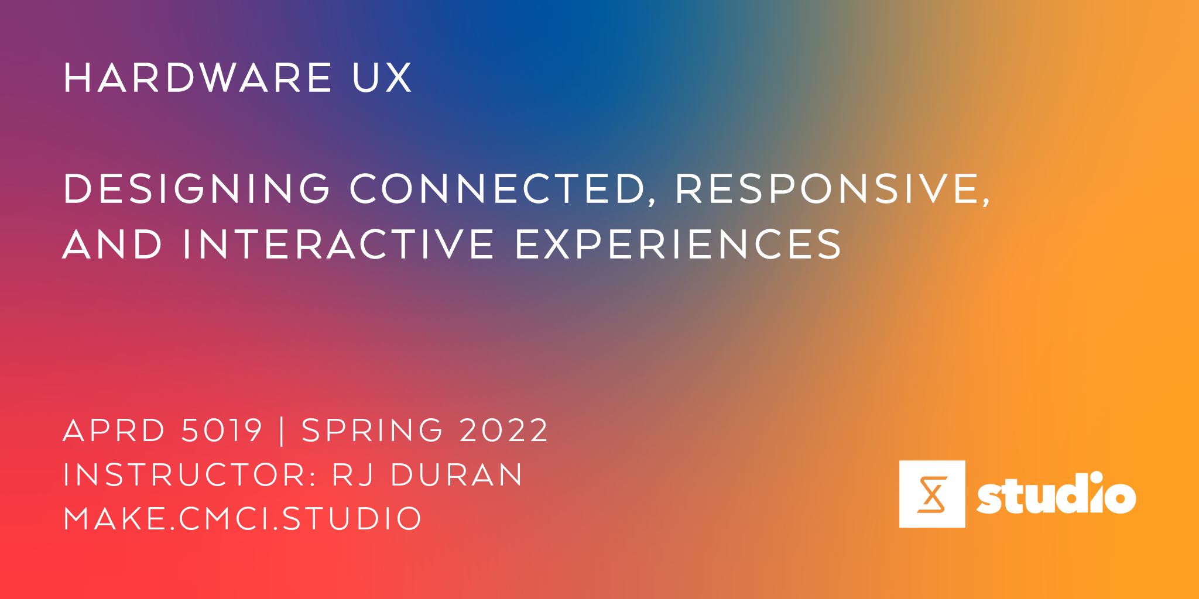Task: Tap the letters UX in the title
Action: tap(382, 78)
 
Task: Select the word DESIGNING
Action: tap(197, 188)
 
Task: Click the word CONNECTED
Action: tap(498, 188)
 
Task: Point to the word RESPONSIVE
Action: tap(828, 188)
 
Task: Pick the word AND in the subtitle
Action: tap(112, 244)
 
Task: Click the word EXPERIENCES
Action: tap(679, 244)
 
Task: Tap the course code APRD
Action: tap(114, 431)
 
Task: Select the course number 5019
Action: tap(222, 431)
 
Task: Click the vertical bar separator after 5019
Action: tap(282, 431)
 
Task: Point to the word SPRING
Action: tap(372, 431)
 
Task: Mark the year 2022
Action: tap(504, 431)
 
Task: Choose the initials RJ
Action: tap(353, 474)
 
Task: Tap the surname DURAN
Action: tap(457, 474)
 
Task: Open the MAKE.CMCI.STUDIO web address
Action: tap(242, 518)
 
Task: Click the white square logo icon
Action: tap(932, 494)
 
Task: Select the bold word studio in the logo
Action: tap(1056, 494)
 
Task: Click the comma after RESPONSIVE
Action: tap(986, 201)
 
